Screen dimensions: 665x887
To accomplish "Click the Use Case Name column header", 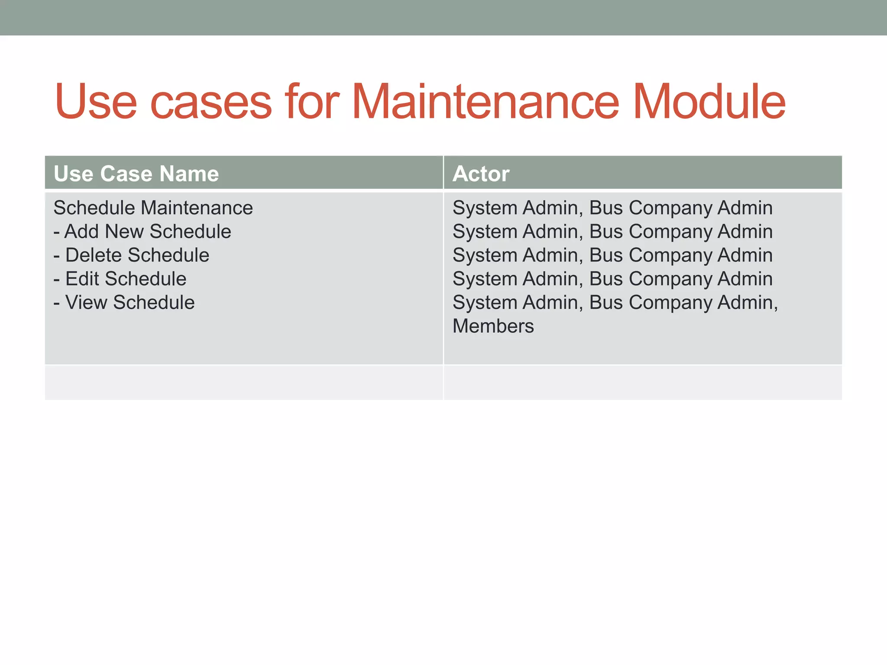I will (x=136, y=174).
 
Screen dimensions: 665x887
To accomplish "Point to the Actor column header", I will (x=481, y=174).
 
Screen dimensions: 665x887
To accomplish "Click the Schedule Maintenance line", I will (x=153, y=208).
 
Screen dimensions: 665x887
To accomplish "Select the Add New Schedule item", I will (x=147, y=232).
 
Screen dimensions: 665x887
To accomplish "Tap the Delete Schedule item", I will (x=137, y=255).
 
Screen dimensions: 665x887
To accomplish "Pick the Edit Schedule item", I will (x=126, y=279).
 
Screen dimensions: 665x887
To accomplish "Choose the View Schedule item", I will (x=129, y=302).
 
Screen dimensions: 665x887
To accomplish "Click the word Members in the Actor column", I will (x=493, y=326).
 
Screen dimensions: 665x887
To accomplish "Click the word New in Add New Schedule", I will (x=124, y=232).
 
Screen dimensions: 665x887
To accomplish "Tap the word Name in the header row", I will (x=189, y=174).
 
